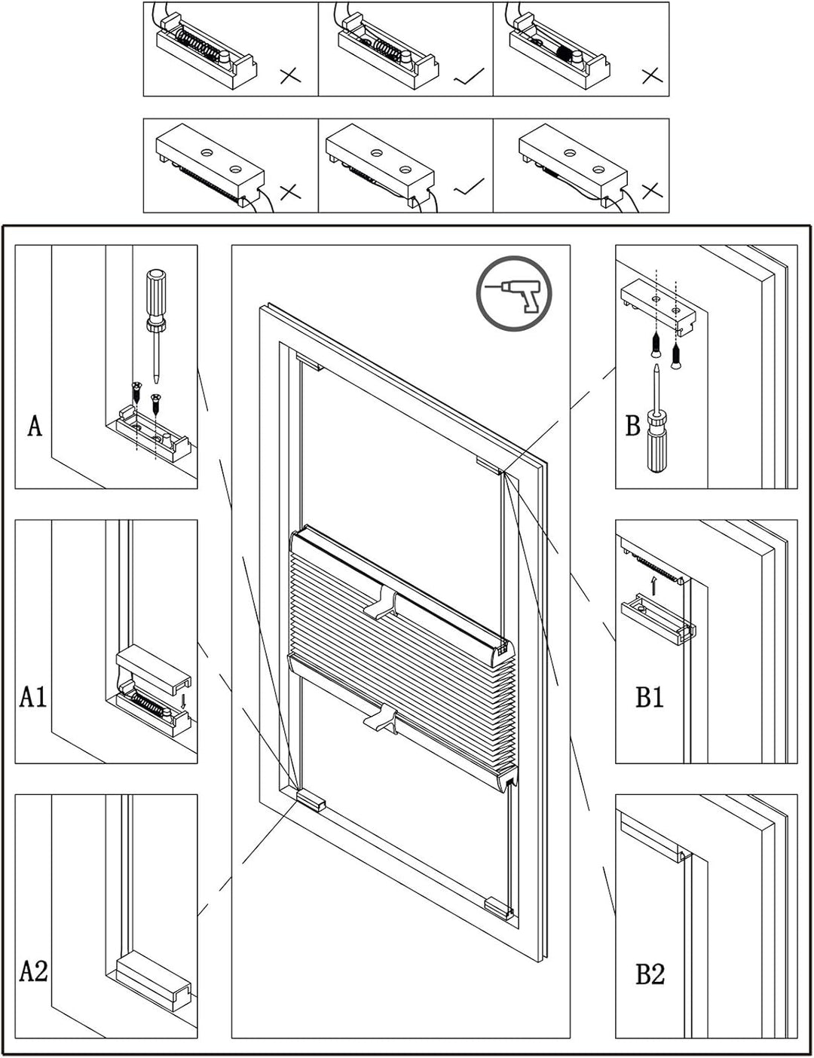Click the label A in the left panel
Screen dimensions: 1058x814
(35, 426)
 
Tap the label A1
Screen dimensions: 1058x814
(33, 696)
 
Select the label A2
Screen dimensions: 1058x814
(33, 971)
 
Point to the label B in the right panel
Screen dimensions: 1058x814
(632, 426)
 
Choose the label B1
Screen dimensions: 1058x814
(649, 696)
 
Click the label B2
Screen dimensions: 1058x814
(649, 974)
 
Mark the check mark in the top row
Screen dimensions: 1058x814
(469, 75)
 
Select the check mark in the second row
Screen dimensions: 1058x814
(469, 187)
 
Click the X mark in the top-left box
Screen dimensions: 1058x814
(289, 75)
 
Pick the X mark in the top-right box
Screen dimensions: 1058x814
(651, 75)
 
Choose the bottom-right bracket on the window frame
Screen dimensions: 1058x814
(498, 907)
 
